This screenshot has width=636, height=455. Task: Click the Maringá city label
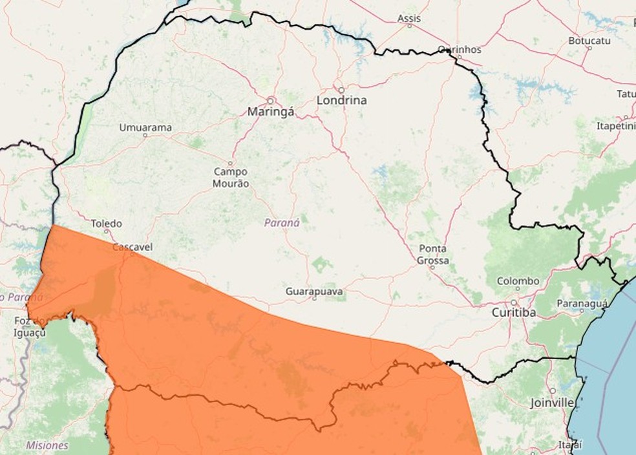[271, 112]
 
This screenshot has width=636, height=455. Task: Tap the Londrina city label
[341, 100]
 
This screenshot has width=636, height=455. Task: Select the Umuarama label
[145, 128]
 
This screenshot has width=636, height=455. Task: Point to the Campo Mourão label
[231, 178]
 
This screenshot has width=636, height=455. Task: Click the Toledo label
[106, 224]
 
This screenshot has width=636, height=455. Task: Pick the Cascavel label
[132, 247]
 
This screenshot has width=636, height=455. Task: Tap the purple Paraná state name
[282, 222]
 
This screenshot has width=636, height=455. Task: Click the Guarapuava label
[315, 292]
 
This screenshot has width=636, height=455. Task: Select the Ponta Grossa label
[433, 255]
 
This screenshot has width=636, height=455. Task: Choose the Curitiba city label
[514, 313]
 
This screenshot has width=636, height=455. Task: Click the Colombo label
[518, 281]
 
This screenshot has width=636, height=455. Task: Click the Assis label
[408, 19]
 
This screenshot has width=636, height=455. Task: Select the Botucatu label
[589, 40]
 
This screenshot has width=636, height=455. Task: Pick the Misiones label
[47, 445]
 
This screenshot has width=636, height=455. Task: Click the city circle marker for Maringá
[271, 101]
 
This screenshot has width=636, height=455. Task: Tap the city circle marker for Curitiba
[514, 302]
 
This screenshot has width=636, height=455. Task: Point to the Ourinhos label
[459, 49]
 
